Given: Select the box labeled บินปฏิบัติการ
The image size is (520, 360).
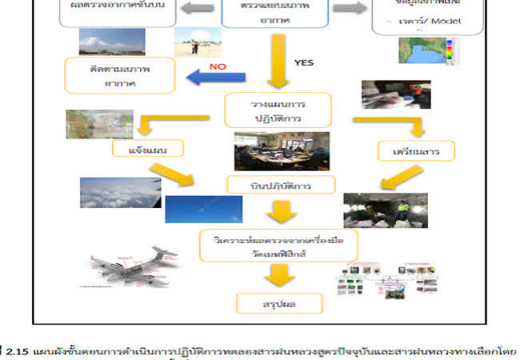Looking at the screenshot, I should [280, 185].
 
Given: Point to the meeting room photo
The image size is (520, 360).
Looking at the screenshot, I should [281, 151].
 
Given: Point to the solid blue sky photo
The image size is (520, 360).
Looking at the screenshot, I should [203, 209].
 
